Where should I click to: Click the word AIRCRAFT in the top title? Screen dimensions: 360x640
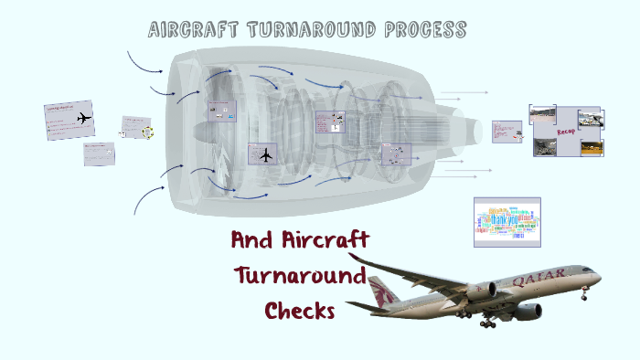coord(190,29)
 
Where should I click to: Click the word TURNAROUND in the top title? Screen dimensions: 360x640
coord(304,29)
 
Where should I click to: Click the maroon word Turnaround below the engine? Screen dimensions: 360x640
coord(300,275)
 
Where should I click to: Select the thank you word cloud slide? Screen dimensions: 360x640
coord(507,222)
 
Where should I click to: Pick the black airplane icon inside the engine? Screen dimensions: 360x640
coord(266,154)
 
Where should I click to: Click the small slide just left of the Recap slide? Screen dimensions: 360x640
coord(506,131)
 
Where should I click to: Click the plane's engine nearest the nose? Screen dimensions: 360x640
coord(526,312)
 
